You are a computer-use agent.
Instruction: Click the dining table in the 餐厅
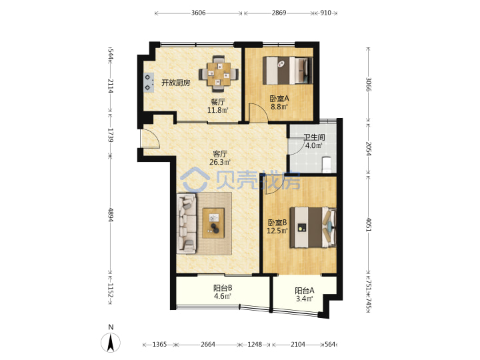coord(219,74)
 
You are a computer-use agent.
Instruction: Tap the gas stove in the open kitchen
coord(149,83)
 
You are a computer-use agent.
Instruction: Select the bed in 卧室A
coord(287,70)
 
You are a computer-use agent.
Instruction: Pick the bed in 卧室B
coord(313,227)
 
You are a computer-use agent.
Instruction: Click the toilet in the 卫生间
coord(327,165)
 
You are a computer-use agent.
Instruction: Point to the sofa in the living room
coord(187,224)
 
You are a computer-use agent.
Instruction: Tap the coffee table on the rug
coord(214,223)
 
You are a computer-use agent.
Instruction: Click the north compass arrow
coord(111,342)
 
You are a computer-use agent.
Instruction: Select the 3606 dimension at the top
coord(199,13)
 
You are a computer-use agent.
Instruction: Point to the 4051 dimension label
coord(369,225)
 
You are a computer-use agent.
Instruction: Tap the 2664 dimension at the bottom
coord(208,345)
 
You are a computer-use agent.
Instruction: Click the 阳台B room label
coord(223,288)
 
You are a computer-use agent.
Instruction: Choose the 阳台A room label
coord(304,291)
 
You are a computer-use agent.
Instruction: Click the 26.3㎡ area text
coord(220,162)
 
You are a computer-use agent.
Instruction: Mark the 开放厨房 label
coord(176,83)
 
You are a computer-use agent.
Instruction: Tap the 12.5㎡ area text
coord(277,231)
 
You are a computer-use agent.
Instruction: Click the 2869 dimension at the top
coord(279,13)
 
